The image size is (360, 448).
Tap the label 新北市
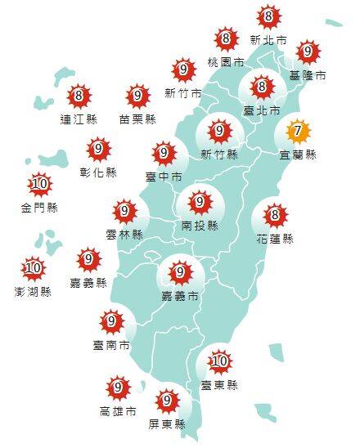click(268, 39)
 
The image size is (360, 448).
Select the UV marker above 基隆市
click(307, 52)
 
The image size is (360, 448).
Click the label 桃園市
click(226, 61)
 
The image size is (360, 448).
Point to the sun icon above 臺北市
click(261, 86)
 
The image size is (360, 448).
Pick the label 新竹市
click(182, 92)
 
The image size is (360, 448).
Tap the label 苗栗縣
click(137, 119)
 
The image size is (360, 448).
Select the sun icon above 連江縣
click(79, 96)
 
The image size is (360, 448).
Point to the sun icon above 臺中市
click(164, 153)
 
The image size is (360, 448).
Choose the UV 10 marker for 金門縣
click(38, 184)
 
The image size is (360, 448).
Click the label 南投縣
click(199, 224)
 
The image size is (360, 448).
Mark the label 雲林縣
click(124, 234)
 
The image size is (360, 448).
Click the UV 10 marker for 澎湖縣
click(34, 268)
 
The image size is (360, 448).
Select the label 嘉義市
click(178, 295)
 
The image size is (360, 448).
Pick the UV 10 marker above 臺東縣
click(218, 361)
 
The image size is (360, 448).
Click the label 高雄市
click(118, 410)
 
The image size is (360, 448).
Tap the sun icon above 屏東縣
click(168, 401)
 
